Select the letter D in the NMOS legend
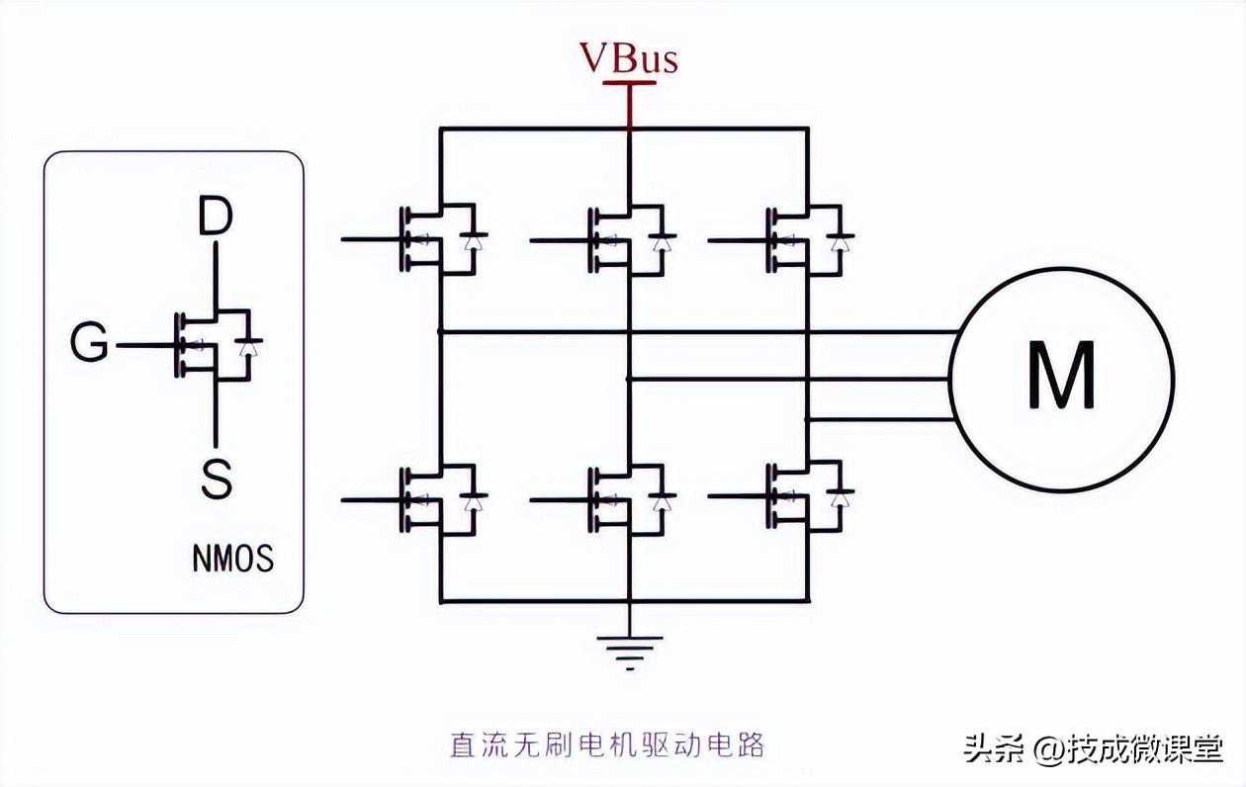coord(214,219)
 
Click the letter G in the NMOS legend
coord(90,345)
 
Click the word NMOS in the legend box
coord(232,560)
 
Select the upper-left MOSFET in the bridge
coord(440,238)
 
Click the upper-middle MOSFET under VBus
coord(628,238)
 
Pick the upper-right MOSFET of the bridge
coord(806,238)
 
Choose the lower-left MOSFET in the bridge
coord(440,499)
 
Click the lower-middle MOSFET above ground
coord(628,499)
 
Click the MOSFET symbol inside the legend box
coord(216,345)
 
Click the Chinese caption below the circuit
coord(607,744)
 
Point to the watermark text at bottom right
coord(1094,748)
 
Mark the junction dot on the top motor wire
coord(440,332)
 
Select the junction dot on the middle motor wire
coord(629,378)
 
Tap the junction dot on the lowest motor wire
coord(807,419)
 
